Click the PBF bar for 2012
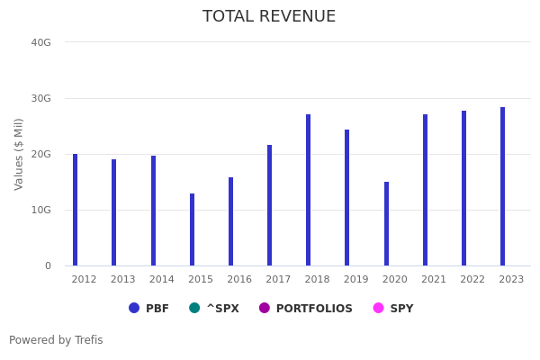76,210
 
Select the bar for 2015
192,229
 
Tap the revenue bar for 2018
308,190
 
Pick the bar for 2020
386,224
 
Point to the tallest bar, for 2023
502,186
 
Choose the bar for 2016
230,221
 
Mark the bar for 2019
346,198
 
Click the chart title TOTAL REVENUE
269,17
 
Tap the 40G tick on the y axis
40,42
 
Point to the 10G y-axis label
40,211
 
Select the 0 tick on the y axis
48,266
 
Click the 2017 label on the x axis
278,280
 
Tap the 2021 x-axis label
434,280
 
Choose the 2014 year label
162,280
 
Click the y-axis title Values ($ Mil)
19,154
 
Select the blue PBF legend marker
134,309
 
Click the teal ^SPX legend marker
194,309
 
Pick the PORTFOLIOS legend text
314,309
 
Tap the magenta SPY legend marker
378,309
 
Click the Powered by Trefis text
56,340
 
